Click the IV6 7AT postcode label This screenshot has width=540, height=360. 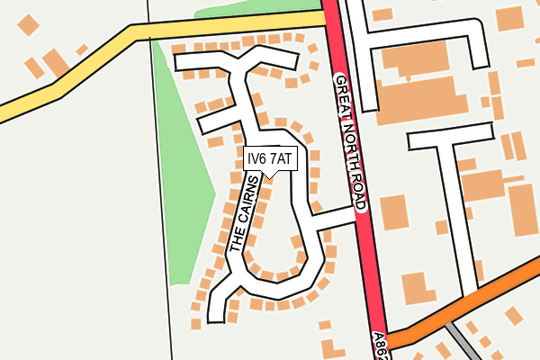(x=269, y=158)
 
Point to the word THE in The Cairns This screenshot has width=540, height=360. (x=237, y=240)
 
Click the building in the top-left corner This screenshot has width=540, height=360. (x=30, y=26)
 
